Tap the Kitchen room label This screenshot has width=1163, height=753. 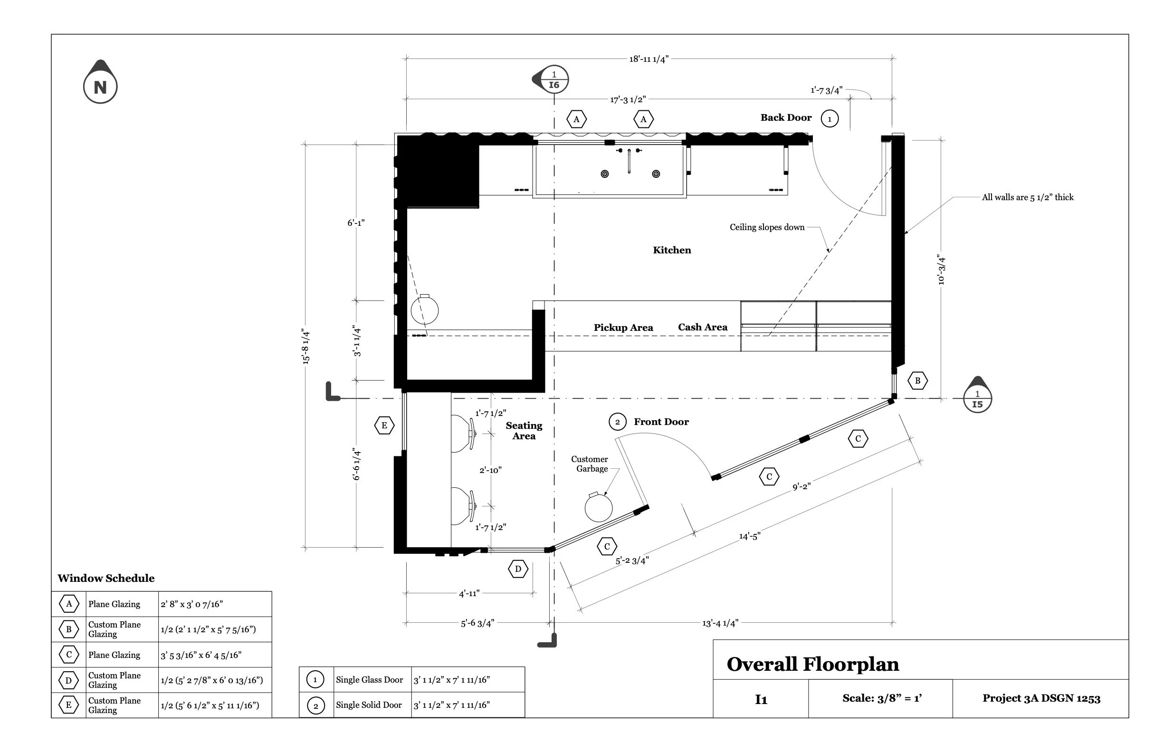click(672, 251)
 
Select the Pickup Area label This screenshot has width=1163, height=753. click(623, 328)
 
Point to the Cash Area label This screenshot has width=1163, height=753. click(702, 327)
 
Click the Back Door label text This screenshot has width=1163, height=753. click(786, 118)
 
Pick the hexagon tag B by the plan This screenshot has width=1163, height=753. click(917, 381)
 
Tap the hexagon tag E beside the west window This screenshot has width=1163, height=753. click(384, 425)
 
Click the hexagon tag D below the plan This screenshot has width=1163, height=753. click(518, 569)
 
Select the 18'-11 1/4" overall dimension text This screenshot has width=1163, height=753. click(648, 59)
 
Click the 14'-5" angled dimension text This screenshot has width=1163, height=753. click(750, 536)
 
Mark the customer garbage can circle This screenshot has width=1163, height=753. click(599, 508)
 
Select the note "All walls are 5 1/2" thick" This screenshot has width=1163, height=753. click(1028, 198)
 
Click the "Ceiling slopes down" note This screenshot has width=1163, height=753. click(767, 227)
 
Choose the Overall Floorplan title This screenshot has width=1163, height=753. click(813, 665)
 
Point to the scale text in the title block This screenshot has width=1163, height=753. click(882, 698)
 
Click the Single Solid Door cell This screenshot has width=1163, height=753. click(369, 705)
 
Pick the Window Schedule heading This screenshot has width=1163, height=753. click(106, 579)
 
